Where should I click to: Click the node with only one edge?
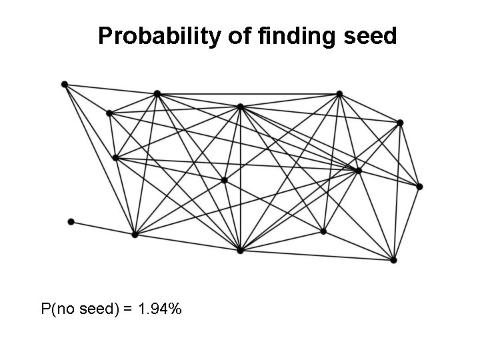point(71,221)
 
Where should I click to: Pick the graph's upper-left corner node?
point(64,84)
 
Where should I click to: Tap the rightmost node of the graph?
point(419,187)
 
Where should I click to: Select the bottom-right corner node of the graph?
point(393,260)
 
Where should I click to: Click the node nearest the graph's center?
point(224,180)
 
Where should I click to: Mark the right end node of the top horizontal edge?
point(339,93)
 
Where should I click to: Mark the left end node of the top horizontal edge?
point(157,93)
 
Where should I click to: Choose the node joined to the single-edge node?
point(135,235)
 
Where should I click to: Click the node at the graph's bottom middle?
point(240,251)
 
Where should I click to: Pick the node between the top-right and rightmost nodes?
point(399,123)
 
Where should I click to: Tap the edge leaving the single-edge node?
point(103,228)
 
